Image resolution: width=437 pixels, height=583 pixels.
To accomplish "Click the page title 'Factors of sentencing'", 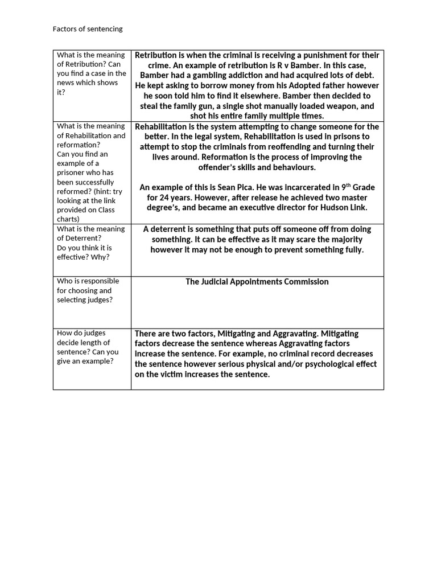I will click(87, 28).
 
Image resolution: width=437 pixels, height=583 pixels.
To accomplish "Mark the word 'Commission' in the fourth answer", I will click(307, 281).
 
